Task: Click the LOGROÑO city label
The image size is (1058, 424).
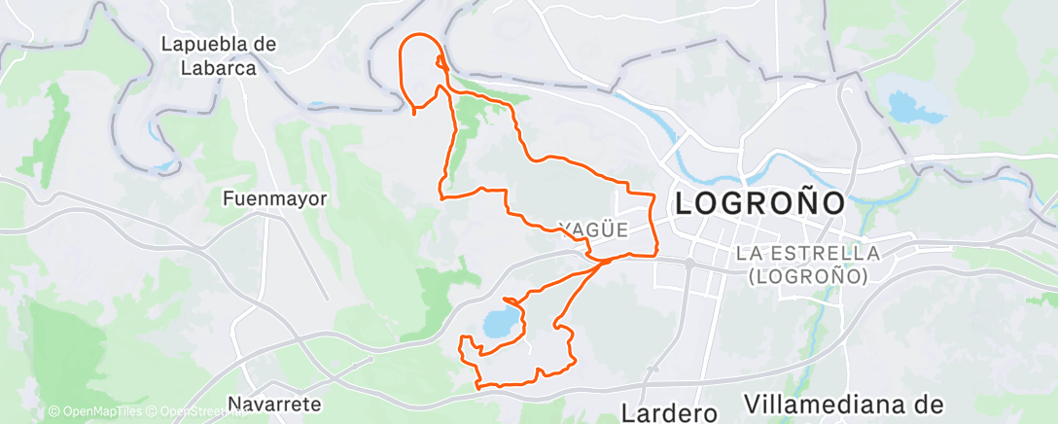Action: pyautogui.click(x=758, y=204)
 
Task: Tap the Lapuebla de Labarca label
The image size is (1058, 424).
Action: pyautogui.click(x=220, y=56)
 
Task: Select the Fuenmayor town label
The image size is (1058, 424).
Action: pyautogui.click(x=275, y=198)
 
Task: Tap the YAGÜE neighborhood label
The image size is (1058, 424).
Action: pyautogui.click(x=593, y=230)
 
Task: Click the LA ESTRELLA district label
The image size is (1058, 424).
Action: pyautogui.click(x=809, y=253)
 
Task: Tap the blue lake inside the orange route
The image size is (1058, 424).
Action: pyautogui.click(x=498, y=324)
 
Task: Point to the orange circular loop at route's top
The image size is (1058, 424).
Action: pyautogui.click(x=421, y=68)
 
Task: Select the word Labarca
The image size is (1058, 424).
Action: pyautogui.click(x=220, y=68)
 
